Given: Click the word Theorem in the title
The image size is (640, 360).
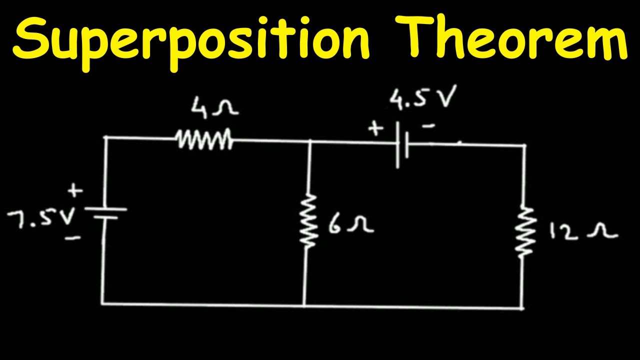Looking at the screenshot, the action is pos(511,36).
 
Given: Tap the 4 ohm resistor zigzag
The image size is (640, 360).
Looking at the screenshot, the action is pos(204,139).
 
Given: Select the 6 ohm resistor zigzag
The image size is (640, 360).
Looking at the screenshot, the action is pos(308,220).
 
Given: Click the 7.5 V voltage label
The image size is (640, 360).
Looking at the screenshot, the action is pos(41,218).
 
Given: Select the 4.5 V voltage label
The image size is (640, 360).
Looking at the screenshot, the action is pos(423,97).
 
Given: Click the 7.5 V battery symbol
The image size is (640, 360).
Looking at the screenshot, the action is pos(105,213).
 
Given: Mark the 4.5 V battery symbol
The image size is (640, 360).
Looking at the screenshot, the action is pos(402,145).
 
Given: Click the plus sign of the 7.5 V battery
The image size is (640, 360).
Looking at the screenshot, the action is pos(75,190).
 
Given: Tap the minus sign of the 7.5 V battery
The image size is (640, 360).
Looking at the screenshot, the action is pos(73,237).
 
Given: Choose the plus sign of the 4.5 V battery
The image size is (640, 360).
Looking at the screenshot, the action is pos(375,128).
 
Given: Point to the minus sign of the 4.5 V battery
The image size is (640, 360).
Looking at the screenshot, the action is pos(428,125).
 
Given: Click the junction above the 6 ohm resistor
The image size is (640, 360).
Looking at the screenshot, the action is pos(311,141).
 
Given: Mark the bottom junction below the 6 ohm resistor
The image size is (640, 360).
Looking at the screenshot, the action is pos(304,305).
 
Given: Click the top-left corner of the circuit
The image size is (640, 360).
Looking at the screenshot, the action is pos(105,137).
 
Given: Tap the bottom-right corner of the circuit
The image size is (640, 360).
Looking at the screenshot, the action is pos(522,308).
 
